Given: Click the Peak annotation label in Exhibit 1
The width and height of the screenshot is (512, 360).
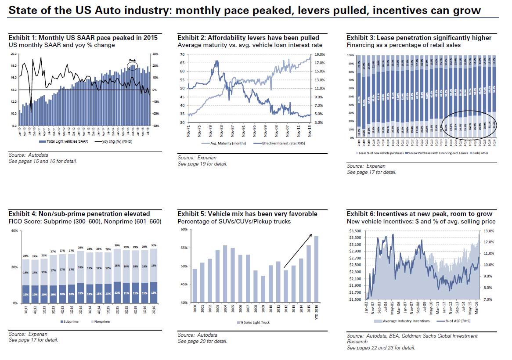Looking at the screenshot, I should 132,61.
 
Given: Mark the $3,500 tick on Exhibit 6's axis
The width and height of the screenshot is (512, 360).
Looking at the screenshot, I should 354,230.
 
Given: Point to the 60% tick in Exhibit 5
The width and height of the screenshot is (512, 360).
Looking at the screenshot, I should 183,230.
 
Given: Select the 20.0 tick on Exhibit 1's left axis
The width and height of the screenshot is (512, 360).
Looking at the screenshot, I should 14,54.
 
